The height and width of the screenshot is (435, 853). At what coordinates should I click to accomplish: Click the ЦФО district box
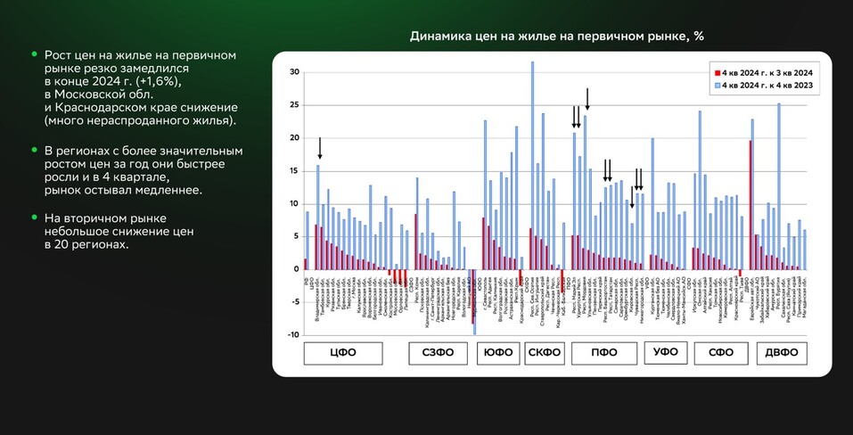click(342, 352)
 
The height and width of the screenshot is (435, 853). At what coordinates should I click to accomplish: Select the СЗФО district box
click(437, 352)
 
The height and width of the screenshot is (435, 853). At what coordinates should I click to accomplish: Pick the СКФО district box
click(543, 352)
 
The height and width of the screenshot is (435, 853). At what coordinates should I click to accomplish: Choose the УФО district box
click(665, 352)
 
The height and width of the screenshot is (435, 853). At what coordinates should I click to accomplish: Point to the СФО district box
click(720, 352)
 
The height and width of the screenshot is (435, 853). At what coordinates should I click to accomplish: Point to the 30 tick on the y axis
click(294, 72)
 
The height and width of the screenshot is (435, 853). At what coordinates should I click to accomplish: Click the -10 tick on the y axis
click(293, 335)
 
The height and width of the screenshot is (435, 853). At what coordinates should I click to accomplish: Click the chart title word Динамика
click(439, 37)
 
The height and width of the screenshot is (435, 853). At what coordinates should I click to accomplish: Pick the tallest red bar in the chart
click(750, 204)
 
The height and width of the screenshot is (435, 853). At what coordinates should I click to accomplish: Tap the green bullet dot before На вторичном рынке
click(34, 217)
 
